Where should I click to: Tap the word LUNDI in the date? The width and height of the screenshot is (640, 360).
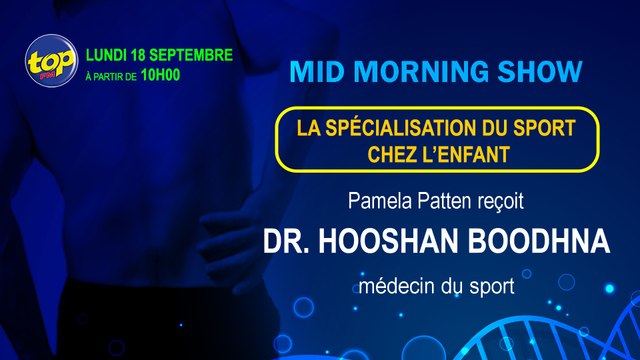point(111,52)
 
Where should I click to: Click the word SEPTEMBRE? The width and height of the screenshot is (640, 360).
point(197,52)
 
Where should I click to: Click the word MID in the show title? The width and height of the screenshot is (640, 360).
point(313,73)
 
